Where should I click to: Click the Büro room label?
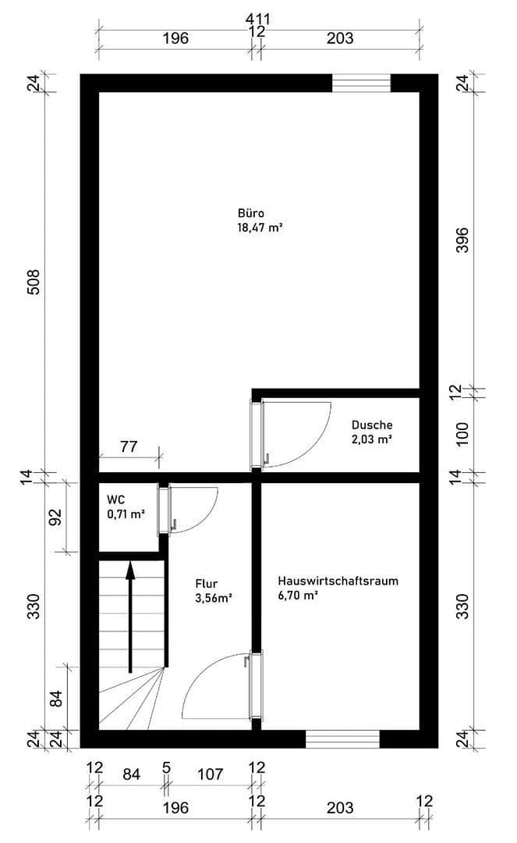pyautogui.click(x=251, y=213)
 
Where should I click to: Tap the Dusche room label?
pyautogui.click(x=371, y=425)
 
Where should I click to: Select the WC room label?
pyautogui.click(x=115, y=500)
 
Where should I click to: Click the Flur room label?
pyautogui.click(x=207, y=583)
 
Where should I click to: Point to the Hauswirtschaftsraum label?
pyautogui.click(x=338, y=581)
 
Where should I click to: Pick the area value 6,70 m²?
pyautogui.click(x=298, y=596)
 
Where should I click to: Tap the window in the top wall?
pyautogui.click(x=361, y=83)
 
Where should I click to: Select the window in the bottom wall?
pyautogui.click(x=342, y=738)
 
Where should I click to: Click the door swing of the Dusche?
pyautogui.click(x=300, y=433)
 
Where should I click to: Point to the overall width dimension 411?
pyautogui.click(x=257, y=17)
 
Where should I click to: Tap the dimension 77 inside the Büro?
pyautogui.click(x=129, y=447)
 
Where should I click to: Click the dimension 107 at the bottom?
pyautogui.click(x=211, y=774)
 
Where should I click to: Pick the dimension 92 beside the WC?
pyautogui.click(x=55, y=518)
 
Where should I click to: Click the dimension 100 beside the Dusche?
pyautogui.click(x=462, y=433)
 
